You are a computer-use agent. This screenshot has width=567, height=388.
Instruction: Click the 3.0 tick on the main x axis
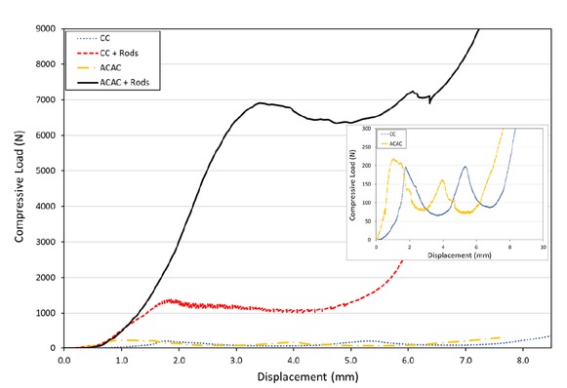click(236, 359)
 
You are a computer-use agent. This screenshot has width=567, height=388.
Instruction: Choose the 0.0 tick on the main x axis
click(64, 359)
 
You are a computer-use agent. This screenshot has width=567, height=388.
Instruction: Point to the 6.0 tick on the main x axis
click(408, 359)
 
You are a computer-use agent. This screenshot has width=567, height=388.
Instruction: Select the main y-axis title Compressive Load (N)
click(19, 187)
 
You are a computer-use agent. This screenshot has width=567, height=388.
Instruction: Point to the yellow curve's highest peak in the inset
click(393, 159)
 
